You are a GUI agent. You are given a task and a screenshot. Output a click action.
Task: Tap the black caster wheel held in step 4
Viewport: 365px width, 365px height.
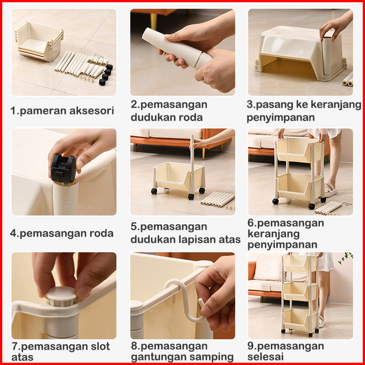tap(64, 169)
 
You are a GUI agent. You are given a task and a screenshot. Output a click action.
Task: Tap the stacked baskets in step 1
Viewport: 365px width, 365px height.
tap(39, 42)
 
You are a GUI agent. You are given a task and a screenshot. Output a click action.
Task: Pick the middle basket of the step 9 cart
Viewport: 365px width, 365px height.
tap(300, 291)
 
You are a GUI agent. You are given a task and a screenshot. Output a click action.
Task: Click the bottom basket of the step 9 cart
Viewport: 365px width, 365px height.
tap(300, 319)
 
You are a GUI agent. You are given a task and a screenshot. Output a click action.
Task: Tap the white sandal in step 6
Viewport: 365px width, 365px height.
tap(331, 189)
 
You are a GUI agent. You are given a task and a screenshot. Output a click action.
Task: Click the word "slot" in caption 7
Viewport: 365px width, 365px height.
tap(100, 347)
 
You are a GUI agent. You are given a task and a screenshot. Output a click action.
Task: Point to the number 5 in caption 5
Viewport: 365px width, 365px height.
tap(133, 227)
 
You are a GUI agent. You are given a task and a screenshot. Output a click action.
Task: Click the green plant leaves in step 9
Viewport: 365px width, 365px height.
tap(346, 258)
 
